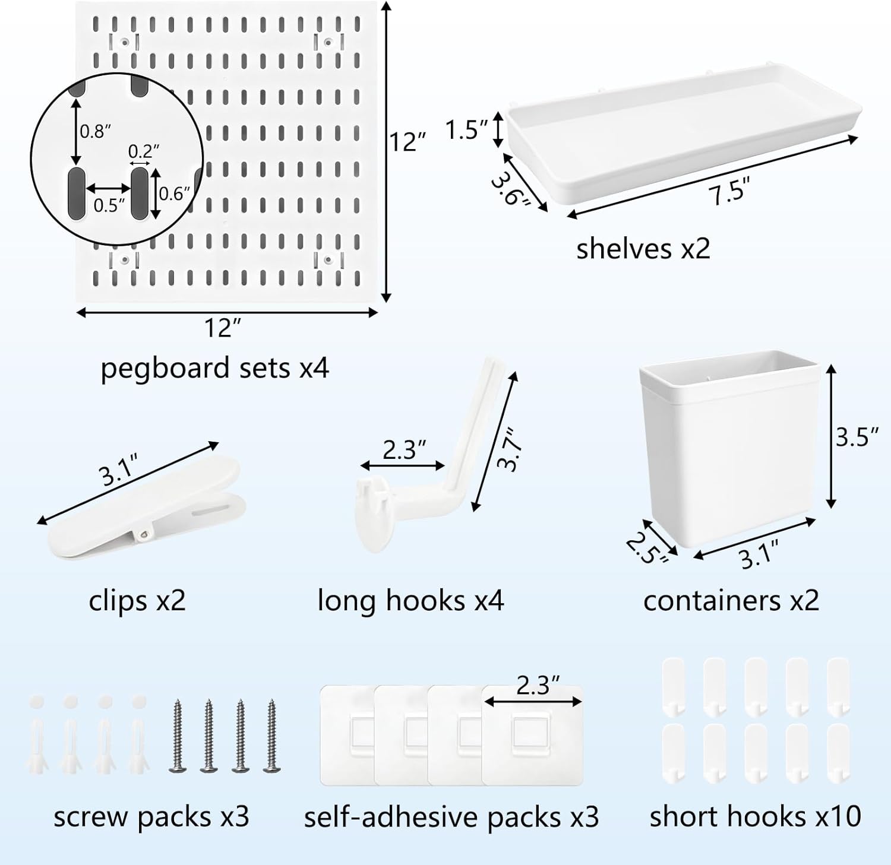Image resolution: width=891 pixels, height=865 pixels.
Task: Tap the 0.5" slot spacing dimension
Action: click(x=109, y=205)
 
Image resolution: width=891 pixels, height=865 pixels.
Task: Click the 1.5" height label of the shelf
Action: click(x=467, y=129)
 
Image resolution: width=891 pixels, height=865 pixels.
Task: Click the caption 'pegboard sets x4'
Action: click(x=214, y=368)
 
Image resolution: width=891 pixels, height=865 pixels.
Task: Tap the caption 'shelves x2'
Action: click(x=643, y=248)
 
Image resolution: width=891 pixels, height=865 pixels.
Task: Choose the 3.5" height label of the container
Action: click(x=857, y=438)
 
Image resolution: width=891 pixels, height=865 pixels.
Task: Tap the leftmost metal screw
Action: click(x=176, y=736)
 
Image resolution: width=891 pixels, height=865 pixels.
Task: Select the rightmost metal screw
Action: click(x=272, y=736)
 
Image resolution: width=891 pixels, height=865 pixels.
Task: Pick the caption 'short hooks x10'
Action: click(x=755, y=817)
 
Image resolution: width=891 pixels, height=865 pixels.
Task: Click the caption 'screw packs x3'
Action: click(x=151, y=817)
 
